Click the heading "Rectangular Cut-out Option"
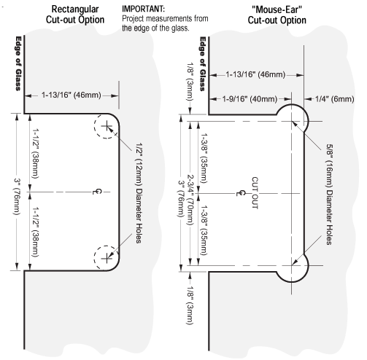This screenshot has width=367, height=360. coord(75,15)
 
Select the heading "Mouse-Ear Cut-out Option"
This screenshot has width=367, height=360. coord(277,15)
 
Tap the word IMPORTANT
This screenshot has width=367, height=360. coord(143,9)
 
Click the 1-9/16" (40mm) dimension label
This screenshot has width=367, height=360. coord(250,99)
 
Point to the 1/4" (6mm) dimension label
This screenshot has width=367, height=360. coord(335,99)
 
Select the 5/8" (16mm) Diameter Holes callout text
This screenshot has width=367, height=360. coord(329,195)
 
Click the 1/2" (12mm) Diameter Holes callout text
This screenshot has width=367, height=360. coord(139,193)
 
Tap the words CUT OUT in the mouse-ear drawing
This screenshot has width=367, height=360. coord(255,193)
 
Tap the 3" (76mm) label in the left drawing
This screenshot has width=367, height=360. coord(17,197)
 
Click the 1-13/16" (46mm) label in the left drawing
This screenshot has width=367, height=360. coord(72,95)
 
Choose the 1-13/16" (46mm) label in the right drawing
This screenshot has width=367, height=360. coord(255,74)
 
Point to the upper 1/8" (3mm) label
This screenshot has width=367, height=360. coord(190,82)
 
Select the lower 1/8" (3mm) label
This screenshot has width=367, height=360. coord(190,305)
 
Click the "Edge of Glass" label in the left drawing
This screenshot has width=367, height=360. coord(18,63)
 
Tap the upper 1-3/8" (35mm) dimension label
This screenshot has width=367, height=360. coord(204,158)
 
